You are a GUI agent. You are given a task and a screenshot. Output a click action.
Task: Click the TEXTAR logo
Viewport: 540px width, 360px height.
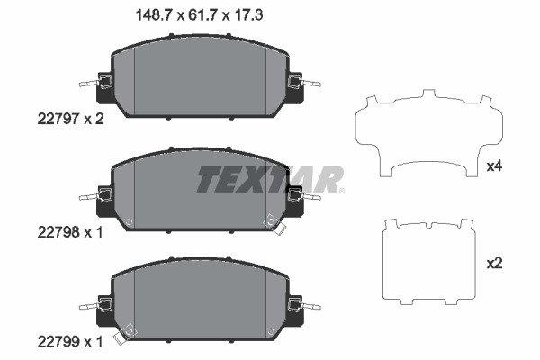coord(267,180)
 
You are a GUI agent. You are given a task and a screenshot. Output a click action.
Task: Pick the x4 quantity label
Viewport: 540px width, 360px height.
coord(493,166)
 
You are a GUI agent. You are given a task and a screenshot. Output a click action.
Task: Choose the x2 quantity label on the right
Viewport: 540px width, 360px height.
coord(493,264)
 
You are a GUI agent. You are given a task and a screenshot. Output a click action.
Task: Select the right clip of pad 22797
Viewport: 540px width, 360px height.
coord(296,85)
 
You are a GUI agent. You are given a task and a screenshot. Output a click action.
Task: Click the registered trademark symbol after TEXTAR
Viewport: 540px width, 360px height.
coord(339,190)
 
